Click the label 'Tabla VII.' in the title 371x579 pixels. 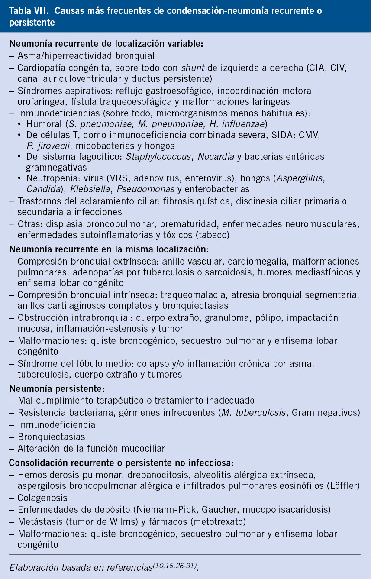[27, 11]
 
